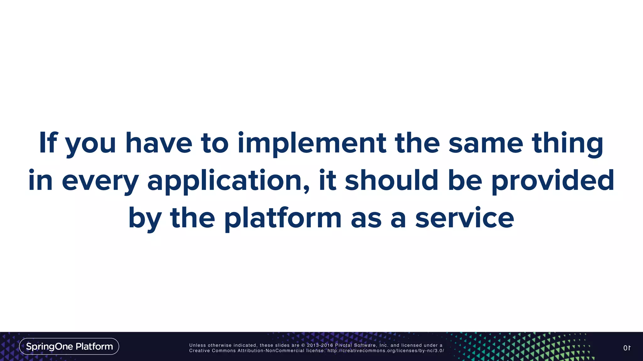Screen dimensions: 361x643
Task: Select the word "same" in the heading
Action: click(x=486, y=144)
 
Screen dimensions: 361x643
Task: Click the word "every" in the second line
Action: click(x=100, y=181)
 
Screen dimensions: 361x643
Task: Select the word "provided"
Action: click(x=553, y=181)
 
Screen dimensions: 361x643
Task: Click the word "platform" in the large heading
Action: click(x=283, y=218)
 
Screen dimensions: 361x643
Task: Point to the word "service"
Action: click(x=465, y=218)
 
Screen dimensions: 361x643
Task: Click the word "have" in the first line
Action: click(x=159, y=144)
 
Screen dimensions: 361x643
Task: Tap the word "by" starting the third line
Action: click(x=145, y=219)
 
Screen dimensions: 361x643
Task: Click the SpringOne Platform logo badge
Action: click(x=69, y=346)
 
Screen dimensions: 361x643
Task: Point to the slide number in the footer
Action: click(x=627, y=348)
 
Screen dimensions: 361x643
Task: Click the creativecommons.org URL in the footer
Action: click(x=386, y=351)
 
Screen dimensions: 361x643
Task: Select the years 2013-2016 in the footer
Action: click(x=320, y=345)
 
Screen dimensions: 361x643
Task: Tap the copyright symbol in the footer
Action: click(x=303, y=345)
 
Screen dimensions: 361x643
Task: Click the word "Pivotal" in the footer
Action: click(x=343, y=345)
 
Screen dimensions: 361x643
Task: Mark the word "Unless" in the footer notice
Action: click(x=197, y=345)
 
